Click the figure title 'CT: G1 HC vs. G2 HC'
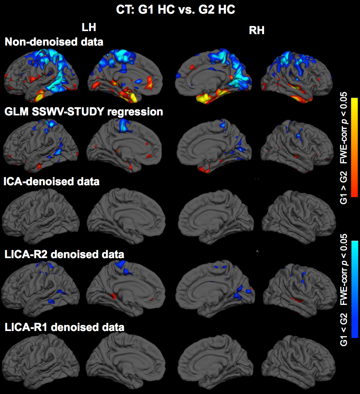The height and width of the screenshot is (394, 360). [x=176, y=10]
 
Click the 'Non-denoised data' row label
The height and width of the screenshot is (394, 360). [x=54, y=42]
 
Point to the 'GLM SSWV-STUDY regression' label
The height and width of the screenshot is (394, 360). [x=84, y=112]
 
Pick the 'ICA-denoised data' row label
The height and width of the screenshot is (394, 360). [x=51, y=181]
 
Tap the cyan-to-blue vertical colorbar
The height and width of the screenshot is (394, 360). [x=354, y=288]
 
